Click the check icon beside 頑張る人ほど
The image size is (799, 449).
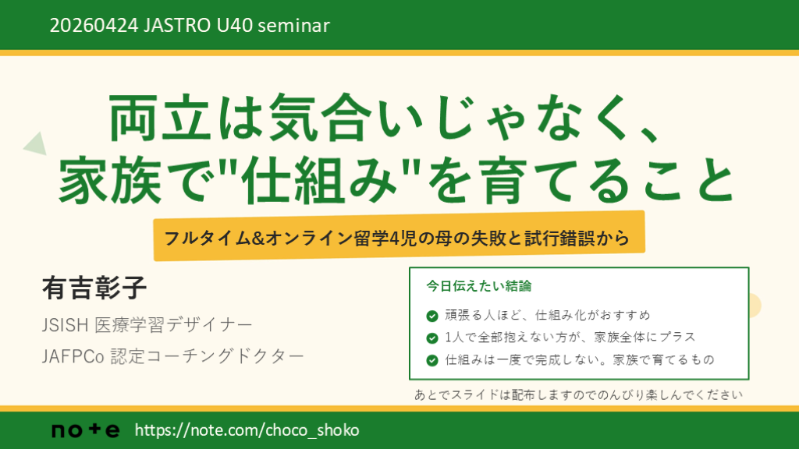(431, 316)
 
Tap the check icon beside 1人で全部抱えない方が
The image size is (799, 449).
(431, 338)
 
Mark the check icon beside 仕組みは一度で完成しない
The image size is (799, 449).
(431, 361)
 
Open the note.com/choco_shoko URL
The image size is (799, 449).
(247, 430)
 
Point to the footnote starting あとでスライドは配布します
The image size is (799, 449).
(577, 394)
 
